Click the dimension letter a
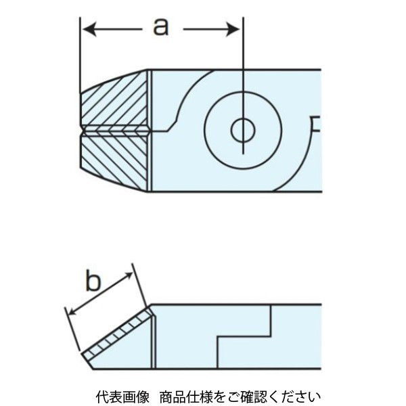coord(160,27)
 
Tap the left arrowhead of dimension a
coord(87,28)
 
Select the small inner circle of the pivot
coord(242,129)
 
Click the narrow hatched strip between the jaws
coord(115,129)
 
